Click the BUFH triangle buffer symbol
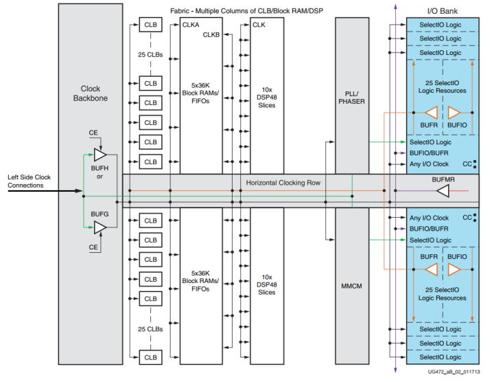(100, 155)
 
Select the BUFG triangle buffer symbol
(100, 227)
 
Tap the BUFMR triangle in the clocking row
(443, 191)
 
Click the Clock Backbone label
(91, 93)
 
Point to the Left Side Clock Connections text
(29, 181)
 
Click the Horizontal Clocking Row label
(283, 183)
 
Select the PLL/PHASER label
(351, 98)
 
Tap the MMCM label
(351, 286)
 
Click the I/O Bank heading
(443, 11)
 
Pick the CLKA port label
(191, 25)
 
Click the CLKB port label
(211, 35)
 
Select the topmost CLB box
(150, 25)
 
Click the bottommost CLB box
(150, 357)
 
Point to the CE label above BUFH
(93, 133)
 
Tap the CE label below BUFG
(93, 247)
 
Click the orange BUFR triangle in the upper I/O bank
(432, 113)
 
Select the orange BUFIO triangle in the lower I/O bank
(454, 269)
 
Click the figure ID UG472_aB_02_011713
(454, 372)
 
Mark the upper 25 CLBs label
(150, 54)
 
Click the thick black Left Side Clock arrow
(45, 191)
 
